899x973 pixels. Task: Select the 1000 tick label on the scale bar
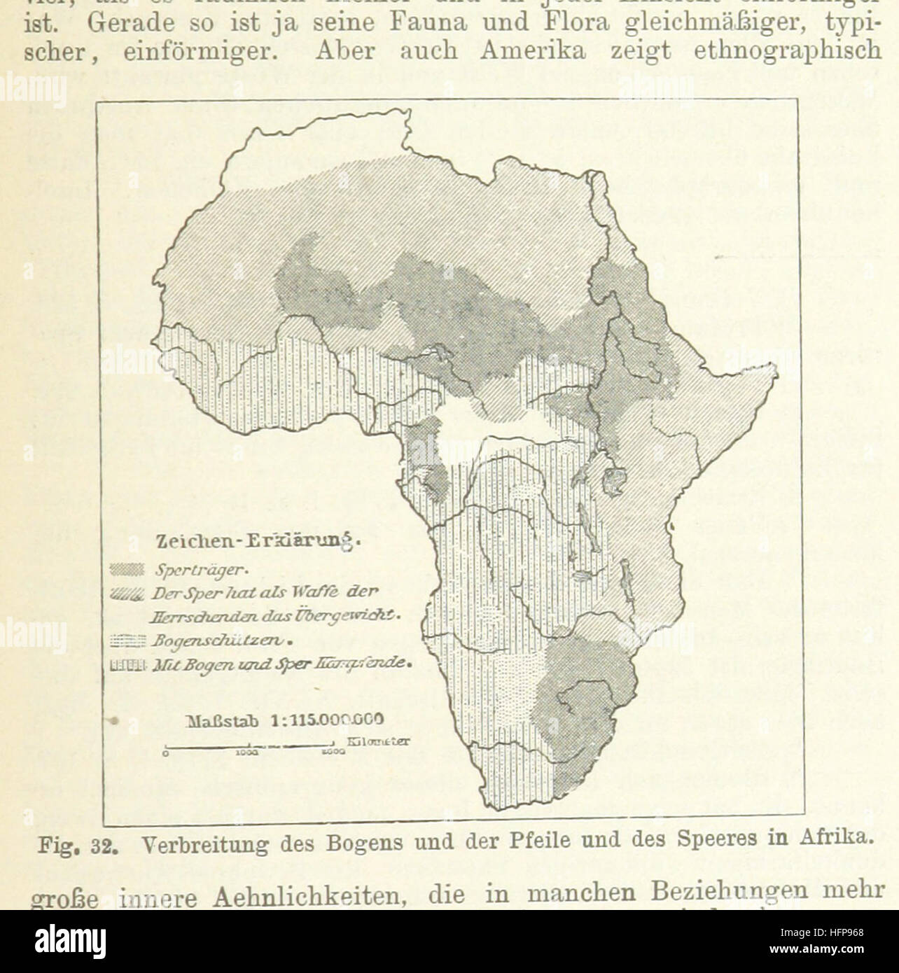coord(248,755)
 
